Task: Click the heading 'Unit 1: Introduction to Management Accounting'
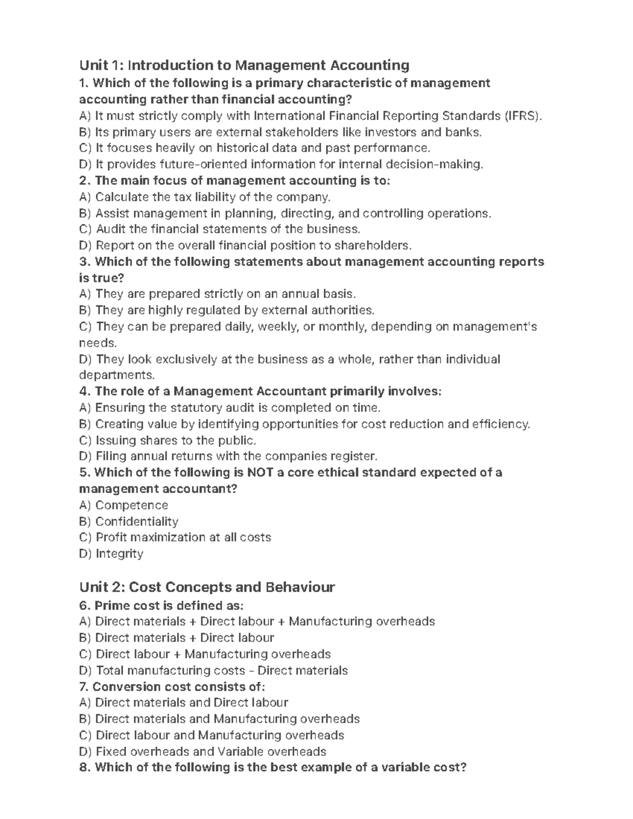click(x=244, y=65)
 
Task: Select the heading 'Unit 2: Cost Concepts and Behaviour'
click(x=207, y=587)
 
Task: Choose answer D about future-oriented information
click(x=281, y=165)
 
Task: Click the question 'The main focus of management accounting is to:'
click(x=234, y=181)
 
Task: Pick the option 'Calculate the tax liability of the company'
click(x=205, y=197)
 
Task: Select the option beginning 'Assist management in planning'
click(x=285, y=214)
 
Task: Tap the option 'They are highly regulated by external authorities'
click(x=227, y=310)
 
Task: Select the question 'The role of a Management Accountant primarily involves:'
click(x=259, y=391)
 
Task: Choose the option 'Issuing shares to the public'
click(x=168, y=440)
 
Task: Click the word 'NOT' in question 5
click(x=257, y=473)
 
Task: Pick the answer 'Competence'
click(x=123, y=505)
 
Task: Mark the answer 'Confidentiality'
click(x=129, y=522)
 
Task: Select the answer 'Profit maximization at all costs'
click(x=175, y=537)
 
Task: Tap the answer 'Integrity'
click(x=111, y=554)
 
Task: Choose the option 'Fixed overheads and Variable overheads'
click(x=203, y=751)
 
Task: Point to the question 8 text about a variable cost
click(x=272, y=768)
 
